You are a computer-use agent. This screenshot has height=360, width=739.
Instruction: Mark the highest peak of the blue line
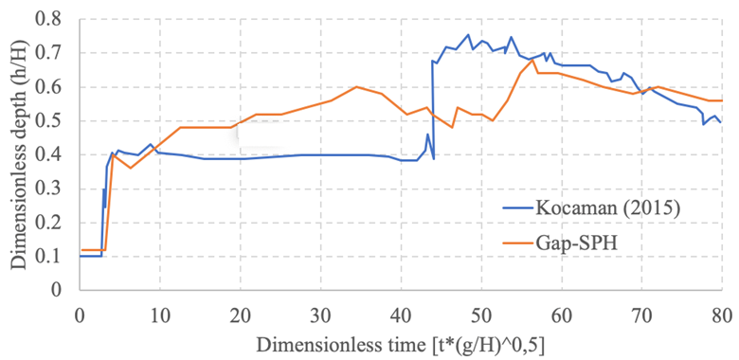[x=468, y=35]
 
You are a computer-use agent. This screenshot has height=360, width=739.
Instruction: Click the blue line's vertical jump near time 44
[x=433, y=109]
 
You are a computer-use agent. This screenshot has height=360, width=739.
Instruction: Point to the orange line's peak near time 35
[x=356, y=87]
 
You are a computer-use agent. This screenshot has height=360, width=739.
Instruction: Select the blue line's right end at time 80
[x=721, y=122]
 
